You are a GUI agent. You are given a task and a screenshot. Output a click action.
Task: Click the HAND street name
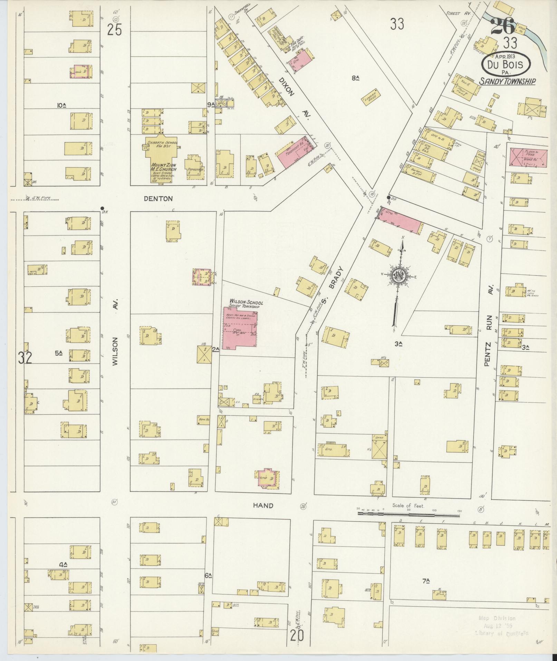tap(263, 506)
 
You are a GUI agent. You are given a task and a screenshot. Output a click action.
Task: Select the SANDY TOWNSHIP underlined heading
tap(507, 82)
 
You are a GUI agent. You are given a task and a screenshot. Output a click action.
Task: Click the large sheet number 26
tap(502, 26)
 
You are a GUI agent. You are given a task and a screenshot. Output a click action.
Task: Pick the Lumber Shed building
tap(372, 97)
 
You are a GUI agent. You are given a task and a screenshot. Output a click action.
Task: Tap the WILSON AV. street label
tap(116, 332)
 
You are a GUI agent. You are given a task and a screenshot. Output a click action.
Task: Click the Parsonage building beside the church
tap(195, 167)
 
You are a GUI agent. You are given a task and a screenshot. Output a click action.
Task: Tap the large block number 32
tap(25, 358)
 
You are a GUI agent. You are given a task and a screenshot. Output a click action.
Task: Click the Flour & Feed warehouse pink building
tap(528, 158)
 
